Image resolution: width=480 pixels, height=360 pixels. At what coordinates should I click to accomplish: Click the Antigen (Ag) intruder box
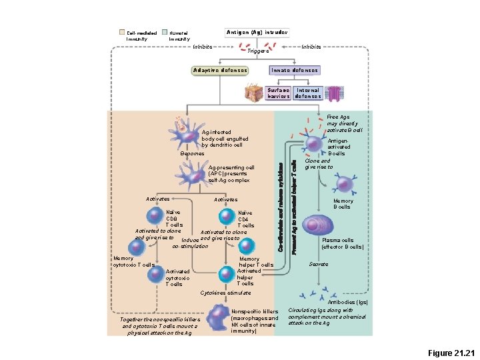257,31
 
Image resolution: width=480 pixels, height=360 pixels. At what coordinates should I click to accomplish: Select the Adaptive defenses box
219,70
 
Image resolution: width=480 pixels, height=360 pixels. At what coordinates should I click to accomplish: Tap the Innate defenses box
294,70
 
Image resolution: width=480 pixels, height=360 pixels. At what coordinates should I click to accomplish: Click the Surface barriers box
278,93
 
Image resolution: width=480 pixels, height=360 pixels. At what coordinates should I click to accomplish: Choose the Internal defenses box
307,93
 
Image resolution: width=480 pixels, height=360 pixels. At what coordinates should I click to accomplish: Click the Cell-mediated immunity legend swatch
121,32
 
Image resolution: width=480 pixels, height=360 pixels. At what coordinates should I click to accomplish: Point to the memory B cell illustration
345,185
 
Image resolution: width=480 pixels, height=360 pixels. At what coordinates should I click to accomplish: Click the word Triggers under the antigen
257,51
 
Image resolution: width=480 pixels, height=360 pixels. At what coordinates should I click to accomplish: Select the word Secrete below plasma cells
318,264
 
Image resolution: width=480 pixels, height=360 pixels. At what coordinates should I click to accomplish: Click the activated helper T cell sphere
227,273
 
